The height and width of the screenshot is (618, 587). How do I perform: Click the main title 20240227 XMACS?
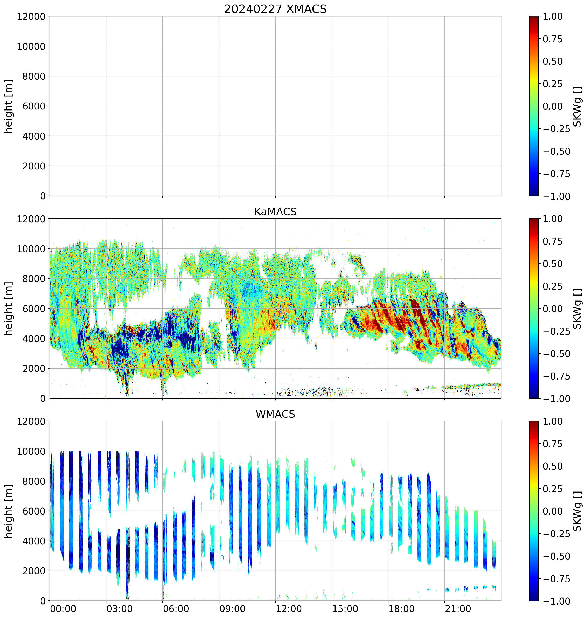[x=275, y=9]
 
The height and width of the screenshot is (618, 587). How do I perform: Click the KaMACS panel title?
[x=275, y=212]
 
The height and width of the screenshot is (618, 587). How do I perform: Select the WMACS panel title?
[x=275, y=414]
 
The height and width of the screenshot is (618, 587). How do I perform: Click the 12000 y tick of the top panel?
[x=31, y=16]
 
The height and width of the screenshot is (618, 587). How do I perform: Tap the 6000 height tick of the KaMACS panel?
[x=34, y=308]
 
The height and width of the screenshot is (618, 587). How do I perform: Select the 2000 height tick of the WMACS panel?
[x=34, y=571]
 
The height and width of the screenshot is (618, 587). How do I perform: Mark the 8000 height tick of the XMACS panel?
[x=34, y=76]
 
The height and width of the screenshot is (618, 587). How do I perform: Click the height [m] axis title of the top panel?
[x=9, y=106]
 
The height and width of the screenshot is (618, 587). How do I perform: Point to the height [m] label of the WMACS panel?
[x=9, y=511]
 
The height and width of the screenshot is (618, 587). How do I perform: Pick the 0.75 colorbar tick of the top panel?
[x=552, y=39]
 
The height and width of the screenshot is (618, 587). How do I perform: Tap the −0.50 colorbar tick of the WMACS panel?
[x=556, y=556]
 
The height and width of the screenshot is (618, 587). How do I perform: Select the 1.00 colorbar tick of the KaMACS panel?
[x=552, y=219]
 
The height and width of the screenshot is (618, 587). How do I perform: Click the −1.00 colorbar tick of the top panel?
[x=556, y=196]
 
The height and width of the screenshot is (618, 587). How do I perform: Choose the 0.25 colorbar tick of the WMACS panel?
[x=552, y=489]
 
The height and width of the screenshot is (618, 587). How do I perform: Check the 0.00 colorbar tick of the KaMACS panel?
[x=552, y=309]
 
